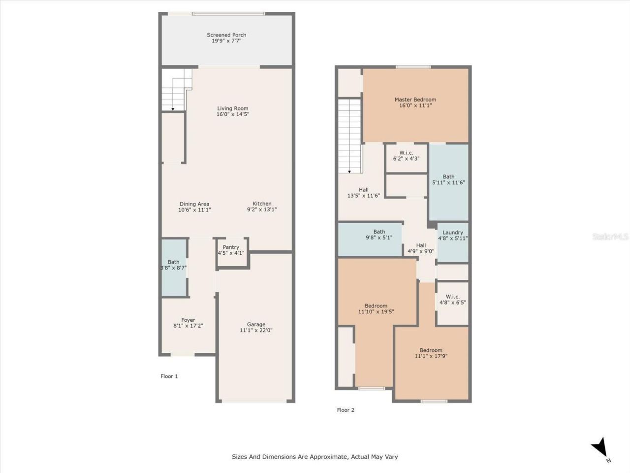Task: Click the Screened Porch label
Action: [x=226, y=35]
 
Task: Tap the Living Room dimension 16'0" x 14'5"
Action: [x=233, y=114]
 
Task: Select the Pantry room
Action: [x=231, y=251]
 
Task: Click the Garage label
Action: [x=256, y=324]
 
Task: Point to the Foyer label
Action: [x=188, y=320]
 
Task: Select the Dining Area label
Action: [x=194, y=204]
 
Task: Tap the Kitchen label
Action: [x=262, y=204]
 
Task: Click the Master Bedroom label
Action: [x=415, y=100]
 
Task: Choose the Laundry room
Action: [x=453, y=241]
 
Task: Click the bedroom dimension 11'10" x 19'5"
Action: [x=376, y=311]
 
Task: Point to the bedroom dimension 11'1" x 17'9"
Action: [x=431, y=356]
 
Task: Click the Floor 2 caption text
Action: [x=346, y=410]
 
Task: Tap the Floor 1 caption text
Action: [x=169, y=376]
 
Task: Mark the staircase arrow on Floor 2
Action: [x=349, y=170]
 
